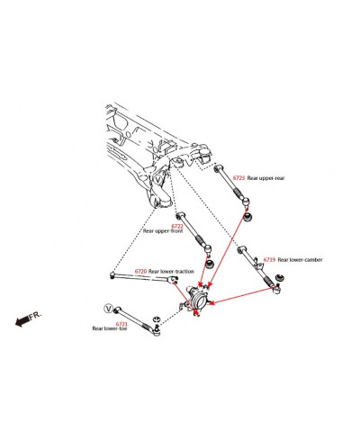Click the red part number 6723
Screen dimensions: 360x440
[x=238, y=178]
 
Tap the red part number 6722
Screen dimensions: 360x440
[x=177, y=226]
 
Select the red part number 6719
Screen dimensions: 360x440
[x=269, y=260]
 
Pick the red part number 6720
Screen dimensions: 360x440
[x=140, y=271]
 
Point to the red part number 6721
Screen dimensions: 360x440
[x=121, y=324]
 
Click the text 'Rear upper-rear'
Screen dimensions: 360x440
[x=265, y=178]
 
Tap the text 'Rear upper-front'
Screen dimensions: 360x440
[x=163, y=231]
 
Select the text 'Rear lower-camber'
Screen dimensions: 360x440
[x=300, y=260]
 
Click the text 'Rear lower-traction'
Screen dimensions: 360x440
[x=171, y=272]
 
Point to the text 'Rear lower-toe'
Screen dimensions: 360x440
[x=110, y=328]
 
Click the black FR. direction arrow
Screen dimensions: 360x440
[x=22, y=321]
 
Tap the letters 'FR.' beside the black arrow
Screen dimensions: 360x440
[x=35, y=315]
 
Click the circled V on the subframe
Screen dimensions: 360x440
[x=158, y=180]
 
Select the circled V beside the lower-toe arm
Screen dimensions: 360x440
[x=108, y=308]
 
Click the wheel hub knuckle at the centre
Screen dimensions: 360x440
[x=197, y=298]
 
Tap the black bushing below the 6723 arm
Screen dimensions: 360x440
[x=247, y=216]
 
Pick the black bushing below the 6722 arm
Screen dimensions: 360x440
[x=209, y=265]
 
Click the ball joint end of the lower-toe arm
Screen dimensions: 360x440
[x=157, y=331]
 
